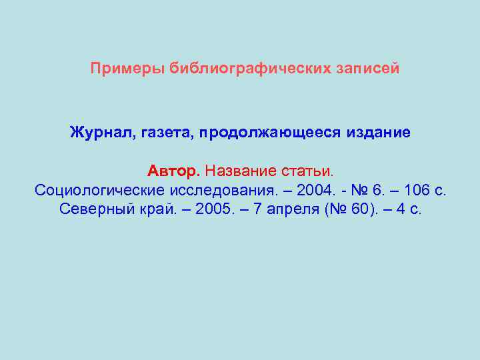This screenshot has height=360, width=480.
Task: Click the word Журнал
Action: coord(103,133)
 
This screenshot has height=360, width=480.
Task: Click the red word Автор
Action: coord(173,171)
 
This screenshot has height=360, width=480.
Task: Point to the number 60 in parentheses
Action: coord(359,210)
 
